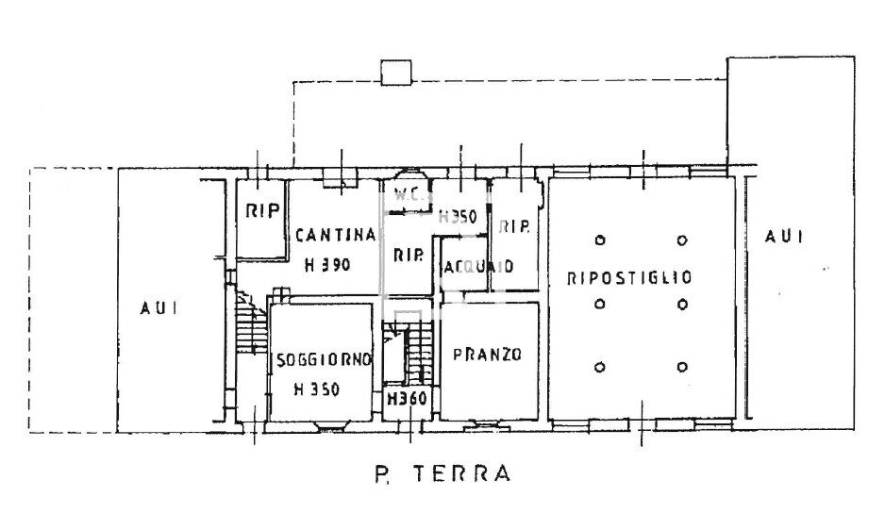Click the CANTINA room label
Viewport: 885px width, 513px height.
(x=335, y=236)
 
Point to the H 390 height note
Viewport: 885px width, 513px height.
(x=327, y=265)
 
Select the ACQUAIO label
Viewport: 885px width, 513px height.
(x=478, y=266)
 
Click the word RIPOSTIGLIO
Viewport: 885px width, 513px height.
(x=629, y=277)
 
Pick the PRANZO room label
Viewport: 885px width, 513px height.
(x=487, y=355)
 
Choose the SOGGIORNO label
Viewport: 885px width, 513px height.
(x=323, y=360)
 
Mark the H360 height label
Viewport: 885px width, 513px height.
(x=407, y=399)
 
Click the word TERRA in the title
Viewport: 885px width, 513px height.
(x=461, y=473)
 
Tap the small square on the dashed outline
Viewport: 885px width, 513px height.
(x=396, y=73)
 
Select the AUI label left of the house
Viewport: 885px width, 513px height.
(x=159, y=308)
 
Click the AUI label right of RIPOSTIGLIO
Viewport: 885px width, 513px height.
(x=783, y=237)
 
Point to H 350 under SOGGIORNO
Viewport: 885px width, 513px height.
(x=317, y=389)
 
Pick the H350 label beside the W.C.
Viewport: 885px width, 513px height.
(x=458, y=216)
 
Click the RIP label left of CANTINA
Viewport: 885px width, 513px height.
(x=262, y=211)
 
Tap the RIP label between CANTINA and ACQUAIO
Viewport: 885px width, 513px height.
(x=408, y=256)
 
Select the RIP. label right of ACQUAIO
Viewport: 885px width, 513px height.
(x=514, y=227)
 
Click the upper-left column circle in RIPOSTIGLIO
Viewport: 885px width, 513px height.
(x=600, y=240)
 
